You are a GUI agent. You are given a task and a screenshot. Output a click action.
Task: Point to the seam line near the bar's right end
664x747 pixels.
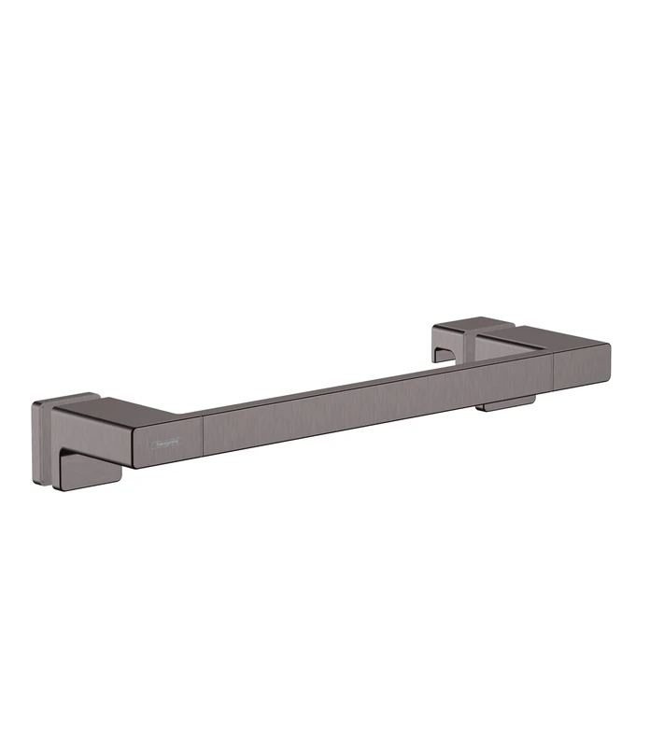point(558,370)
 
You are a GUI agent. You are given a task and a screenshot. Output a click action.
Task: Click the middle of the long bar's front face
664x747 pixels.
point(374,402)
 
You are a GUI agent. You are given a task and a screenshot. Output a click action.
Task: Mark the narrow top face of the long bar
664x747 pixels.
point(374,384)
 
